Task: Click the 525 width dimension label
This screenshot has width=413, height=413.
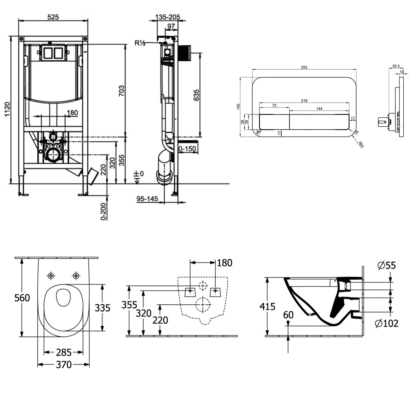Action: (x=53, y=17)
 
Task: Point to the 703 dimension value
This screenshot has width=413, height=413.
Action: (x=121, y=91)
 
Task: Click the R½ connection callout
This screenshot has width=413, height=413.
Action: (x=140, y=43)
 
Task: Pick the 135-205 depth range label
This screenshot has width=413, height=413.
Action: (x=167, y=17)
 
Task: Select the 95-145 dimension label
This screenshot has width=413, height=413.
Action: (x=147, y=199)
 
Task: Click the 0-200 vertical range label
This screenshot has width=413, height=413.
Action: (x=104, y=211)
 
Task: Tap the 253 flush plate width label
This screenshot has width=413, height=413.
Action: (x=304, y=67)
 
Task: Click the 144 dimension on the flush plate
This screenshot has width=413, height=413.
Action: (x=319, y=108)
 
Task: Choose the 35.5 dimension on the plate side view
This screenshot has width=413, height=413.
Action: (x=396, y=66)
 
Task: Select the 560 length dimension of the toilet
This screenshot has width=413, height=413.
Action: (x=22, y=298)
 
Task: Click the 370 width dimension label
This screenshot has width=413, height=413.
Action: (x=64, y=365)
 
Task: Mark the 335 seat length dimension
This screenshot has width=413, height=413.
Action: (x=102, y=308)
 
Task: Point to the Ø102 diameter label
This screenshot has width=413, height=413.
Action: (x=387, y=323)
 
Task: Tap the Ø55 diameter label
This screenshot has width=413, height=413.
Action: (x=387, y=265)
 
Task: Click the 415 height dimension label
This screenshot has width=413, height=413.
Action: (x=267, y=306)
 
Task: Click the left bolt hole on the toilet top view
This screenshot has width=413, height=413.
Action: (x=51, y=275)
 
